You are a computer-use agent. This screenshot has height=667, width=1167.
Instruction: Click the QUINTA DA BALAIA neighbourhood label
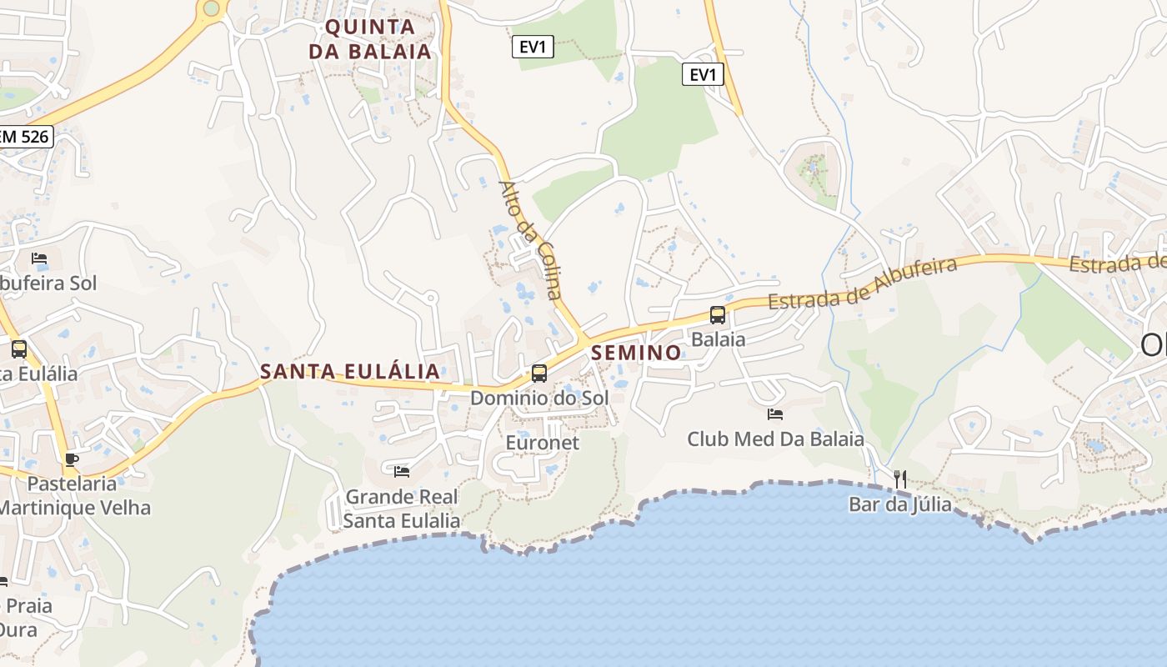370,39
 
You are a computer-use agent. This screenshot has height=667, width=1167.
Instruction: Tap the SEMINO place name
636,353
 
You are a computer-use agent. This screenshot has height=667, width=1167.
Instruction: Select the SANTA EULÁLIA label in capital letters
350,372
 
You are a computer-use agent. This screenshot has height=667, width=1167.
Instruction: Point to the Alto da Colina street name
530,239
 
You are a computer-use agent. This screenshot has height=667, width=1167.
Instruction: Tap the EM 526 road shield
25,137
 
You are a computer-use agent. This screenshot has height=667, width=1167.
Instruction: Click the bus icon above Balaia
718,315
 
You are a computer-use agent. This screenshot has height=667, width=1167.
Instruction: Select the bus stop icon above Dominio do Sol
539,373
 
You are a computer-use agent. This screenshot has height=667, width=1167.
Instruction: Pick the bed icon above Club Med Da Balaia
775,414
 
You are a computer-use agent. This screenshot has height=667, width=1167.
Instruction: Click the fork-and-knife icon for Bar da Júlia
899,479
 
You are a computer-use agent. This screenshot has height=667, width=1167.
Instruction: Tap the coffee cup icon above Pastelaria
72,459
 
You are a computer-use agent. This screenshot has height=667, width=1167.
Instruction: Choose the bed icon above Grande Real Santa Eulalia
402,472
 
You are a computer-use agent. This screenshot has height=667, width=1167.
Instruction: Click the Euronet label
542,442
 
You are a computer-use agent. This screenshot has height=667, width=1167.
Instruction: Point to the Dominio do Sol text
539,398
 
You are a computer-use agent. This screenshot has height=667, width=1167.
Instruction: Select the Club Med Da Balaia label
775,439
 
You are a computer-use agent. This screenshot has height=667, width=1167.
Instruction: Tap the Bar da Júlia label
899,504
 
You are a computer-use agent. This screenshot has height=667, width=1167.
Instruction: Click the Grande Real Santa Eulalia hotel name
402,509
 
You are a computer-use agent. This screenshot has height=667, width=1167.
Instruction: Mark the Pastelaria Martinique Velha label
74,495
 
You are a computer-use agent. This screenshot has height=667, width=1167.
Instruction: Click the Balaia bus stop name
718,339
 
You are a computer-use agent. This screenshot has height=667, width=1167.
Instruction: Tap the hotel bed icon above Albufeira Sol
39,258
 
